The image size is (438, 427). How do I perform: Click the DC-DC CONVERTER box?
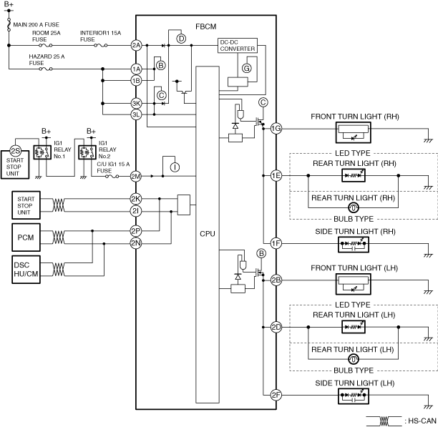click(238, 46)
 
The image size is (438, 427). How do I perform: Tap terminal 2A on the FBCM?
click(136, 45)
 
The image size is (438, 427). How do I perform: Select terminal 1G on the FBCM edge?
click(276, 129)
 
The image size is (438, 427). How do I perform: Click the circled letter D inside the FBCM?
click(181, 39)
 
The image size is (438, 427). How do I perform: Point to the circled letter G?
click(247, 68)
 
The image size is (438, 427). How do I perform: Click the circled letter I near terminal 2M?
click(175, 167)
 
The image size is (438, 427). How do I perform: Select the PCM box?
click(26, 237)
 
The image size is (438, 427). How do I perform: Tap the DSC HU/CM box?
click(26, 270)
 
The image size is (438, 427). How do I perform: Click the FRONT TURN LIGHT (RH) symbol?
click(354, 132)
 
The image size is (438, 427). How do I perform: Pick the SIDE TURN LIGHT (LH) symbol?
click(354, 396)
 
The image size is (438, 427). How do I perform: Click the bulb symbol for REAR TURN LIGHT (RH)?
click(354, 207)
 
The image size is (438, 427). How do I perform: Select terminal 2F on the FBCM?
click(276, 395)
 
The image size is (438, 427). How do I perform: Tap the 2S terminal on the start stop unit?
click(15, 151)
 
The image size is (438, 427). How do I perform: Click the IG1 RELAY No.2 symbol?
click(87, 152)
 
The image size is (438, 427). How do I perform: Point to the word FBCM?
click(206, 26)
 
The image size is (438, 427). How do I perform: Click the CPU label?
click(208, 234)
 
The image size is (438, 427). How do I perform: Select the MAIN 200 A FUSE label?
click(36, 24)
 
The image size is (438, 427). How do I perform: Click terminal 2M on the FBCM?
click(136, 177)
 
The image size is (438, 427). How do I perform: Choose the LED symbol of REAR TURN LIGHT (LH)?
click(354, 327)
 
